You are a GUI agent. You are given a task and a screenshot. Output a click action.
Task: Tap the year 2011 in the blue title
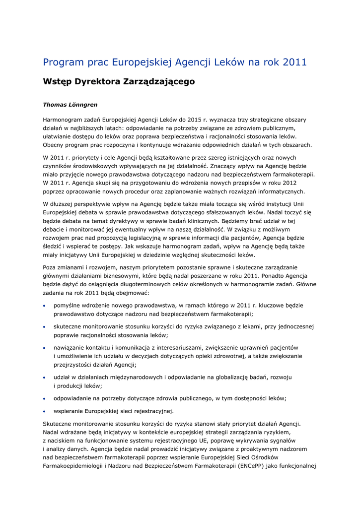coord(294,63)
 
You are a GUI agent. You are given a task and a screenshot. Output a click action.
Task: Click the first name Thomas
coord(56,105)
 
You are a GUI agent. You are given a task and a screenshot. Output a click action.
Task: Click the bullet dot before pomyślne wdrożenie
coord(45,306)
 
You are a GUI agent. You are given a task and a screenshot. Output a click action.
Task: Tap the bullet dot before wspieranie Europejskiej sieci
coord(45,411)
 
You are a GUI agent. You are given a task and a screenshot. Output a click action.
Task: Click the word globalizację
coord(228,378)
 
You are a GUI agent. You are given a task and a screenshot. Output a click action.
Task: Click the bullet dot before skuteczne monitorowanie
coord(45,327)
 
